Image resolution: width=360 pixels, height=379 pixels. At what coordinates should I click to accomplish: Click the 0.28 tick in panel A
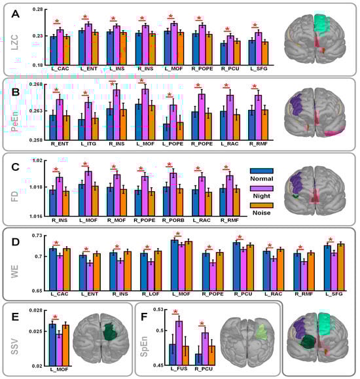click(36, 10)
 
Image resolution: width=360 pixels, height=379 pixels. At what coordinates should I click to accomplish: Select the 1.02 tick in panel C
click(37, 160)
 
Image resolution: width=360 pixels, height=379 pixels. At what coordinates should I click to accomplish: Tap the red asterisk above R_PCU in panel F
click(201, 323)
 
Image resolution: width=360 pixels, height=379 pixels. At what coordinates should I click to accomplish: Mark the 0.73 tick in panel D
click(36, 235)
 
